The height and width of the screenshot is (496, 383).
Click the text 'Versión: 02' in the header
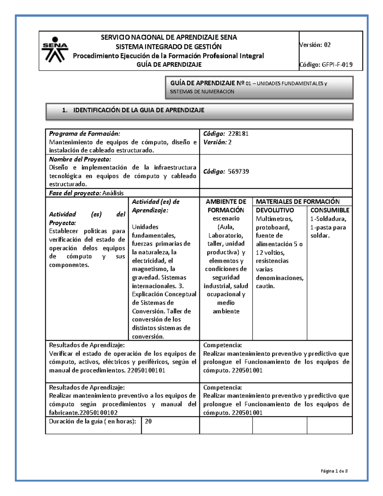315,45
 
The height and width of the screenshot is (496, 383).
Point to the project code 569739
238,172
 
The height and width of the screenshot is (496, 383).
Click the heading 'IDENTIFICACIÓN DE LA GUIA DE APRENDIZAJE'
139,110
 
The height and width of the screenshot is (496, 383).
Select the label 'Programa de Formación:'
85,134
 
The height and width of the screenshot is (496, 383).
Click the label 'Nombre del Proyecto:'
80,159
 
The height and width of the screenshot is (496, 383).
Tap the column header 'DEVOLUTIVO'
275,210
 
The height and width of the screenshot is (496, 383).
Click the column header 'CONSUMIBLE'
330,210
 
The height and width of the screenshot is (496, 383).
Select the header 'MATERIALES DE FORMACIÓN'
297,202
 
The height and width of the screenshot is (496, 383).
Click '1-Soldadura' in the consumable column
328,219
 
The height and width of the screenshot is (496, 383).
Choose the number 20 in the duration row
148,421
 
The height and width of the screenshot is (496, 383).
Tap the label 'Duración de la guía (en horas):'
92,421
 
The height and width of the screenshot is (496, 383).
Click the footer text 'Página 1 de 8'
334,471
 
